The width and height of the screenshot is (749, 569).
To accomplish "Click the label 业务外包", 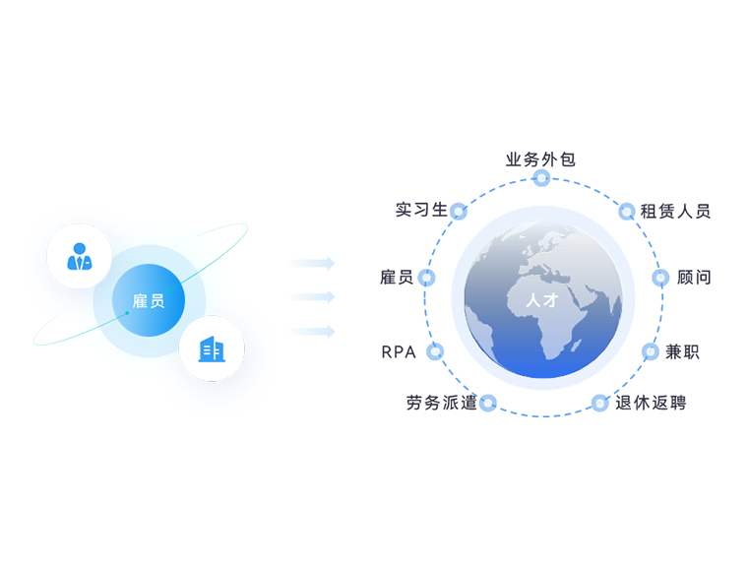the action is click(x=540, y=159).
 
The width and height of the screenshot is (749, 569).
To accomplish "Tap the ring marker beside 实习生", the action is click(x=459, y=211).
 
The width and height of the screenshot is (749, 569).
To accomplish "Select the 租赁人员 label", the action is click(x=675, y=212).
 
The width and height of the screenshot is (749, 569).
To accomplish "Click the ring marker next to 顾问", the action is click(x=660, y=278).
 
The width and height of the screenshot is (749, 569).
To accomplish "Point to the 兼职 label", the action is click(x=682, y=352).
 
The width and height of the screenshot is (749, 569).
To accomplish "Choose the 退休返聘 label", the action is click(x=651, y=403).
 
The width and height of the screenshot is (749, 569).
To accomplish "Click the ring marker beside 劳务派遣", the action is click(x=488, y=403).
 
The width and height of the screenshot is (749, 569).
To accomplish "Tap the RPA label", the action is click(x=399, y=352).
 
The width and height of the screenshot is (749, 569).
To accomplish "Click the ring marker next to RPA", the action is click(x=435, y=352).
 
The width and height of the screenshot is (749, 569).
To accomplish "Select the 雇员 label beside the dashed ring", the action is click(x=397, y=278).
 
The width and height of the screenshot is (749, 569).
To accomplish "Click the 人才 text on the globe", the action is click(x=542, y=300).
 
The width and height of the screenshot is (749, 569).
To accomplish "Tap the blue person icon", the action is click(x=80, y=256).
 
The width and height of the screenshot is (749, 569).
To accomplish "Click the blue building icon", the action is click(x=212, y=348).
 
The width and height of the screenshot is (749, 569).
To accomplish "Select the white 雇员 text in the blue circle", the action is click(x=149, y=301).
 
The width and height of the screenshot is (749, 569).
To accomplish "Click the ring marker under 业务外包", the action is click(x=541, y=178).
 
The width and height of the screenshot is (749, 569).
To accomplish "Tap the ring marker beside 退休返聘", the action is click(x=600, y=403).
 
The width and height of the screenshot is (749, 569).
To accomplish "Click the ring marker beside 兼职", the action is click(x=651, y=352).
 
